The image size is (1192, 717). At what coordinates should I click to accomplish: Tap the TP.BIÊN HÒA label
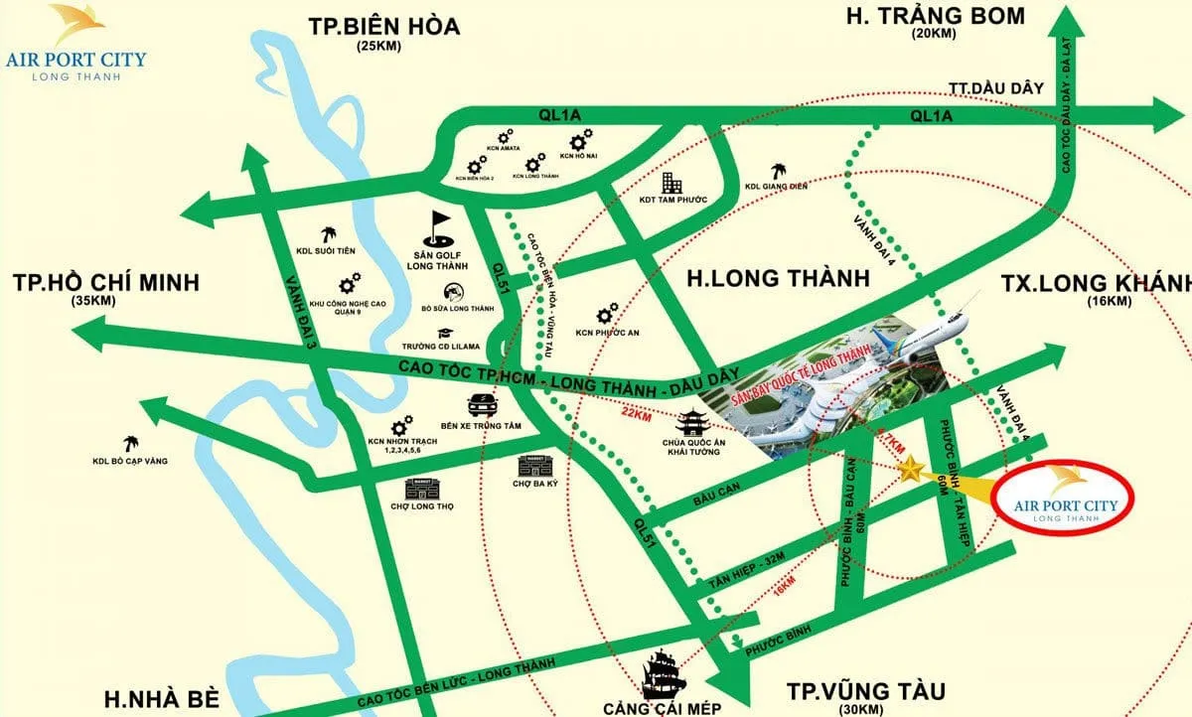click(383, 28)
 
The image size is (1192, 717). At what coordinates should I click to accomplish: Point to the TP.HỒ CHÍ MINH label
click(106, 282)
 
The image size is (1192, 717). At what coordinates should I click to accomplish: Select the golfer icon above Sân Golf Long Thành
click(440, 228)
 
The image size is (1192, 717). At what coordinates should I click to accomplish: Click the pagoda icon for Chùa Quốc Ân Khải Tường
click(688, 422)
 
